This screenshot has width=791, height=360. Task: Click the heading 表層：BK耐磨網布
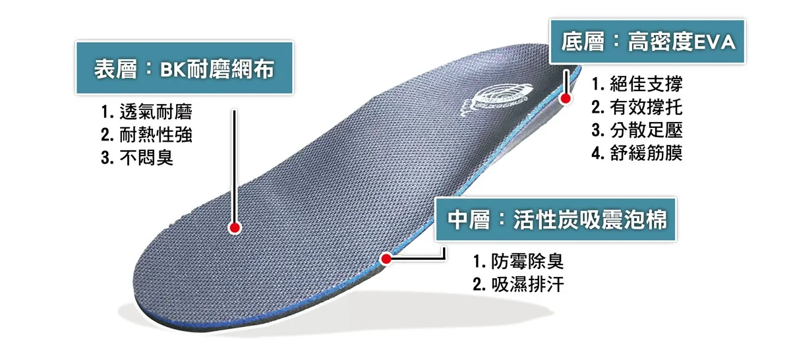[x=184, y=69]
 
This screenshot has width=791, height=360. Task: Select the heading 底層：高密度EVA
[x=647, y=43]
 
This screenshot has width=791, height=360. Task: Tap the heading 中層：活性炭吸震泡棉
[x=557, y=220]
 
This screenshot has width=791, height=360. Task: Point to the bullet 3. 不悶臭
[x=137, y=158]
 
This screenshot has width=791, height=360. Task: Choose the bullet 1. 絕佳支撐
[x=637, y=84]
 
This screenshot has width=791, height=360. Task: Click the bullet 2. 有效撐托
[x=637, y=107]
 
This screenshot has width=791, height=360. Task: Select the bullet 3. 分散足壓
[x=637, y=131]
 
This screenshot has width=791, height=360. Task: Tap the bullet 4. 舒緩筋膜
[x=637, y=154]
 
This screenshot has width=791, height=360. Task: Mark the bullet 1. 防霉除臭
[x=518, y=261]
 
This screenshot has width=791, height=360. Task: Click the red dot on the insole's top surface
[x=234, y=227]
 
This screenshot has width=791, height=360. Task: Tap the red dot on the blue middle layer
[x=387, y=258]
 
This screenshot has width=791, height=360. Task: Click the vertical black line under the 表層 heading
[x=234, y=165]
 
